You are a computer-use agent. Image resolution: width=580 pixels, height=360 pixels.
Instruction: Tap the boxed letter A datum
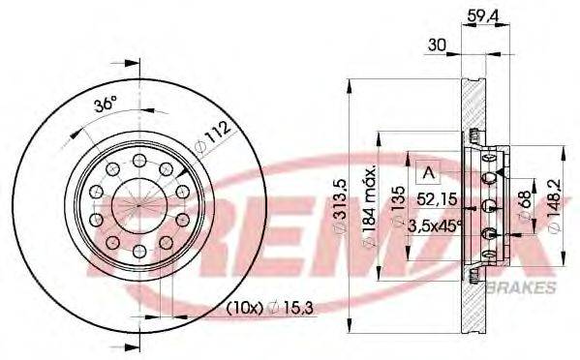(426, 174)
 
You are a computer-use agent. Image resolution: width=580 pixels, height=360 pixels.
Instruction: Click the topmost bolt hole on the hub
(139, 160)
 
